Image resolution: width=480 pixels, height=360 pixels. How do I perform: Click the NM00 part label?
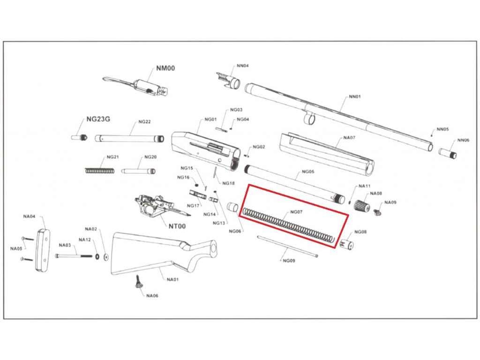click(x=165, y=68)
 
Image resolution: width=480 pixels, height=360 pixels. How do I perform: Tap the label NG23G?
click(x=98, y=120)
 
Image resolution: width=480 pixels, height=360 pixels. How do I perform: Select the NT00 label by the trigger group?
click(x=177, y=226)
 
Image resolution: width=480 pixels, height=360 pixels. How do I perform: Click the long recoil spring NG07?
click(x=288, y=225)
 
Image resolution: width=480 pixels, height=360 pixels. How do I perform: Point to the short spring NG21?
click(x=99, y=170)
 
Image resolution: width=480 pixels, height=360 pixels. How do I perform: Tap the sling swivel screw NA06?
click(x=138, y=282)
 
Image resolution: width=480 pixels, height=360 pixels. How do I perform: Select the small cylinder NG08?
click(x=347, y=244)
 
